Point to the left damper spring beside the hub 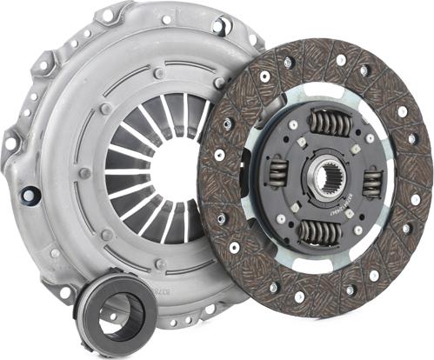276,171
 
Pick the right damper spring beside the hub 372,181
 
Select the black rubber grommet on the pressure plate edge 31,194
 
